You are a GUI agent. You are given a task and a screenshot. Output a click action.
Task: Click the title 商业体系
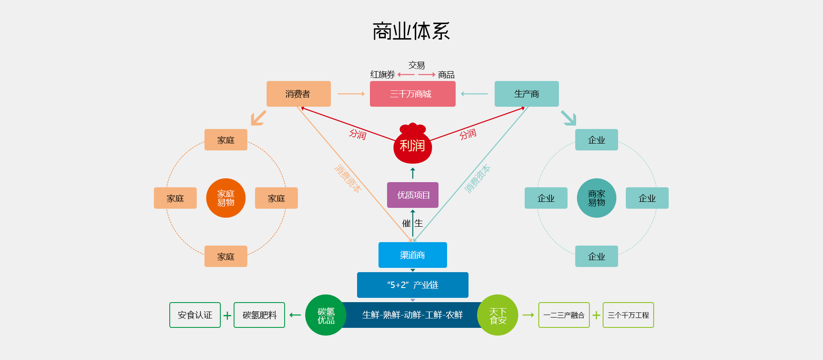point(411,31)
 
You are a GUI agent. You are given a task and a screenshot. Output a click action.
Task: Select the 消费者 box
point(298,94)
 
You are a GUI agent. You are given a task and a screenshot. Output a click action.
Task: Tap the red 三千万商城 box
point(412,94)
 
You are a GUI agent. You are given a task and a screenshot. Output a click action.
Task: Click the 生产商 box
point(526,94)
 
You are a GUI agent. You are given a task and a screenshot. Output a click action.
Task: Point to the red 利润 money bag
point(412,145)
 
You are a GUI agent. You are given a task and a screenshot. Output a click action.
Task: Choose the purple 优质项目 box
point(412,195)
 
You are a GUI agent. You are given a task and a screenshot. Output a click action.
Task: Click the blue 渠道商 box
point(412,255)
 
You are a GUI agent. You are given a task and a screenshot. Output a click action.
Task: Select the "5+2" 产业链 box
point(412,285)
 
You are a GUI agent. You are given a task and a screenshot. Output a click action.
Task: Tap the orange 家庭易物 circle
point(225,198)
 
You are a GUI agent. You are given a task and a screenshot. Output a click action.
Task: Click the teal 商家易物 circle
point(596,198)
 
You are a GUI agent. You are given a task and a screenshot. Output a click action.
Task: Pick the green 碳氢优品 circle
point(326,315)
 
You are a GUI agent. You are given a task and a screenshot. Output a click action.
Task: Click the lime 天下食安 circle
point(498,315)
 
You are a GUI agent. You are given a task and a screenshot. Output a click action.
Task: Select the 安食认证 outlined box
point(195,315)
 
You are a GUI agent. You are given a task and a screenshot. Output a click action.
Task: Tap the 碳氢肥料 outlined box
point(259,315)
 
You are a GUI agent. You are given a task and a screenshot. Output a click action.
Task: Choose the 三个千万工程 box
point(628,315)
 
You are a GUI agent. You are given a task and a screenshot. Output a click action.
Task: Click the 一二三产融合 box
point(564,315)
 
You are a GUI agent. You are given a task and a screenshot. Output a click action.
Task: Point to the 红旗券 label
point(382,75)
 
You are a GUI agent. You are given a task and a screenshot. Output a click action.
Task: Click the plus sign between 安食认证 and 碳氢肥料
point(227,316)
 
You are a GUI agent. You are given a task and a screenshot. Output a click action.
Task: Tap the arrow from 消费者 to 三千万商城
point(351,94)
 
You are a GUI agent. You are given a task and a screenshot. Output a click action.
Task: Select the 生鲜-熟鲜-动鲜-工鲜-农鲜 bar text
point(412,315)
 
